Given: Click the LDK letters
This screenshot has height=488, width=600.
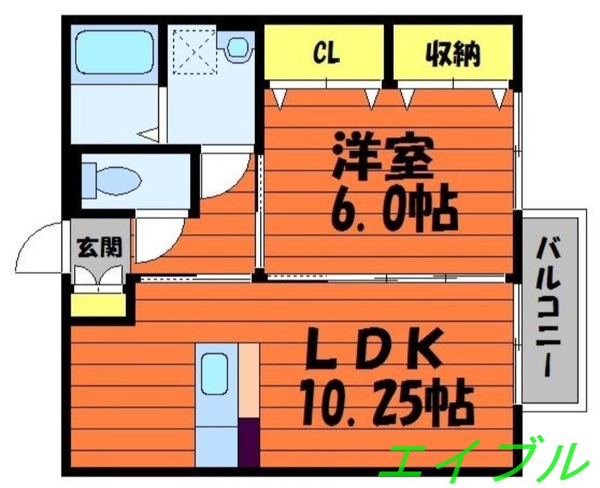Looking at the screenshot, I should [x=376, y=351].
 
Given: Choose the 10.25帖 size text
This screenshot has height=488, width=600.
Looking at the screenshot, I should [x=386, y=405].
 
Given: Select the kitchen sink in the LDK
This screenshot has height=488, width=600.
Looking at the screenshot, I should [x=215, y=372].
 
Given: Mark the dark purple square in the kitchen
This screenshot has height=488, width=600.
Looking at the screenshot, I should [x=249, y=442].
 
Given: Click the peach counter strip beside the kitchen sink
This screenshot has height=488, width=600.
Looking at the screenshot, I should [x=249, y=379].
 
